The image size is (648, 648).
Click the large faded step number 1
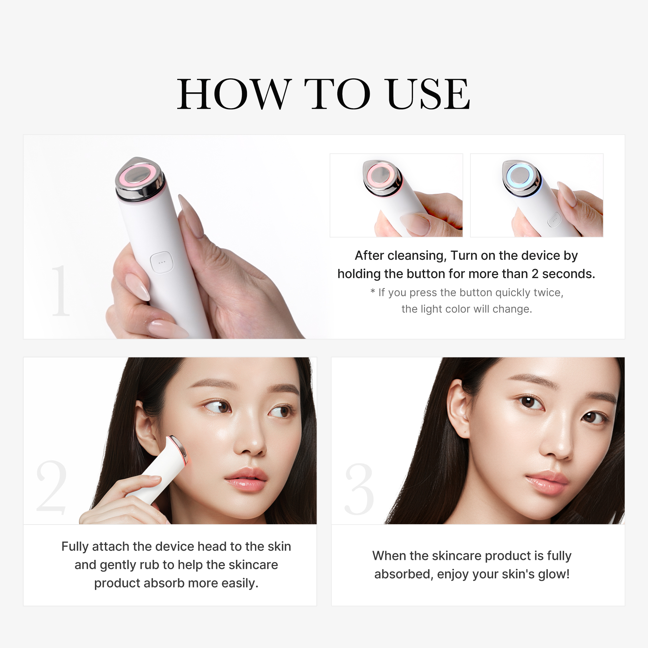pos(60,290)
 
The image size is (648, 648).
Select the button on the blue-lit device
pos(554,220)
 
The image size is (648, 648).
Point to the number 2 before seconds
pos(535,274)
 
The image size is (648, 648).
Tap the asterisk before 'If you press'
pos(373,292)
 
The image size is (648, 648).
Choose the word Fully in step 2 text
pos(75,547)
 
